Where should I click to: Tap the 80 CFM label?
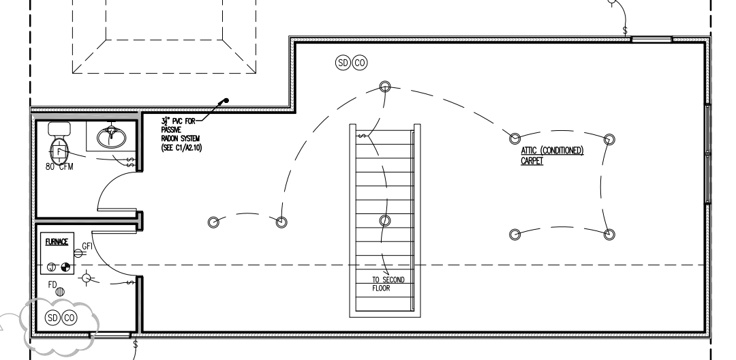click(x=61, y=166)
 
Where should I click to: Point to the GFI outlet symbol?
click(x=78, y=253)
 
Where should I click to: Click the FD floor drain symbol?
click(x=60, y=291)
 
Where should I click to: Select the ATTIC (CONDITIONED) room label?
click(x=552, y=151)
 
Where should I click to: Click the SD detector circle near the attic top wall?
click(x=343, y=63)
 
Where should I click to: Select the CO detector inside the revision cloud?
click(x=69, y=317)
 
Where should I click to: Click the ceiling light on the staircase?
click(x=384, y=220)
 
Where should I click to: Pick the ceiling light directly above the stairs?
click(x=385, y=87)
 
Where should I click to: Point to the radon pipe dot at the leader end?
click(x=227, y=101)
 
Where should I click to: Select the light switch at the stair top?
click(x=362, y=136)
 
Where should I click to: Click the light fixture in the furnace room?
click(x=86, y=278)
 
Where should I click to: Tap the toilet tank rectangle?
click(x=60, y=128)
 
